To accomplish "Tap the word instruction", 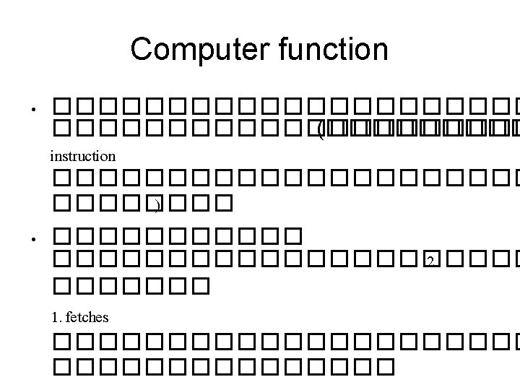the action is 82,155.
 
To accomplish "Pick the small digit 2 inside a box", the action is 430,261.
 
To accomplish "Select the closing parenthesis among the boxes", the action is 156,206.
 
